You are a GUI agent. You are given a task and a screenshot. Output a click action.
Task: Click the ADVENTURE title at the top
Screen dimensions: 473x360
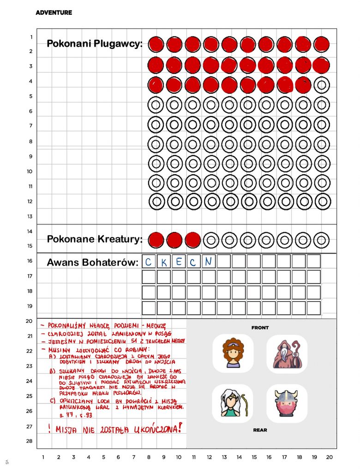point(54,12)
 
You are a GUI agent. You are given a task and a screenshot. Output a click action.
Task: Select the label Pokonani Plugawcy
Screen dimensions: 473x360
point(95,44)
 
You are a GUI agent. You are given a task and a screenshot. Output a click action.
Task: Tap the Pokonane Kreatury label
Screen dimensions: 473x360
point(94,239)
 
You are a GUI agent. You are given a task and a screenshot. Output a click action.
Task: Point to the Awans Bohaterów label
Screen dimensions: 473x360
point(92,263)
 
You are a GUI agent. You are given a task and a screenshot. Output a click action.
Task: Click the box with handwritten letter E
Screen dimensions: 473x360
point(178,262)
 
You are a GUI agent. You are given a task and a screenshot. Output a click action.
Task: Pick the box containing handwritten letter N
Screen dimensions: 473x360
point(209,261)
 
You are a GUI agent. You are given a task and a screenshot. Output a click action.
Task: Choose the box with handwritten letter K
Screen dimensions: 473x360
point(163,262)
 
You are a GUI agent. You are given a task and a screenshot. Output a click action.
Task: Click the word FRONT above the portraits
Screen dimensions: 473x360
point(260,327)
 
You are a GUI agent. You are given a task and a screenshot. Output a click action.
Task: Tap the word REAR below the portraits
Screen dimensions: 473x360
point(260,430)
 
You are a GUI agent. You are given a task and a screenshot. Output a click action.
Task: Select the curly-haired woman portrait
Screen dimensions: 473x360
point(233,354)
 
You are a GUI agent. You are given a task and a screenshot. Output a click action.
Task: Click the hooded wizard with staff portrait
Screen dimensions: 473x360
point(287,354)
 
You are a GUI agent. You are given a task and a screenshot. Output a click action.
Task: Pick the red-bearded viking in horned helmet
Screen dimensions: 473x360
point(287,403)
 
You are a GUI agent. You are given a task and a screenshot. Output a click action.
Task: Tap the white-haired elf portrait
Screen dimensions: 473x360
point(233,403)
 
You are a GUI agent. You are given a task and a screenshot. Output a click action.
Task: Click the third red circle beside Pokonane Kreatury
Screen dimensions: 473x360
point(193,240)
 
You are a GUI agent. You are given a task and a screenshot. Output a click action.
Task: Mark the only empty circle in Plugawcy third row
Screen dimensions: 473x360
point(321,85)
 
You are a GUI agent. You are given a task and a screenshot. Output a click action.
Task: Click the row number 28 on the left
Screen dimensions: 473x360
point(30,441)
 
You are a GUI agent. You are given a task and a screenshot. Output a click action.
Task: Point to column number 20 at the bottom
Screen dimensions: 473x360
point(329,457)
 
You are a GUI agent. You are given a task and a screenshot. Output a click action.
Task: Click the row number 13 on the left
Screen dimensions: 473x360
point(30,216)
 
